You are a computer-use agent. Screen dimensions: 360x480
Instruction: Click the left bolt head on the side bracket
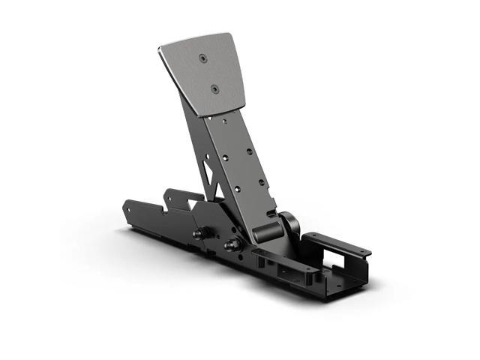198,233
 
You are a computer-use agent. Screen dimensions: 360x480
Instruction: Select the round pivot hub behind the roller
288,223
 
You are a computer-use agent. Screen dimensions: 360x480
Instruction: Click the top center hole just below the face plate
224,119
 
